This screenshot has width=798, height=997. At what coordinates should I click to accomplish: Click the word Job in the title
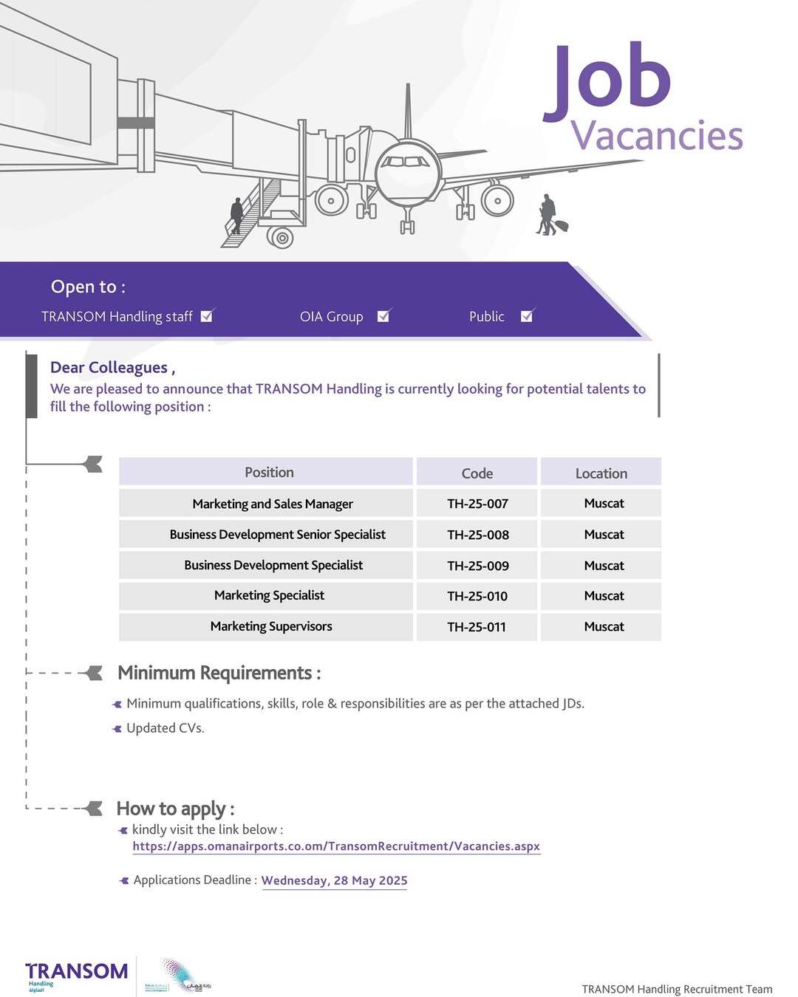608,81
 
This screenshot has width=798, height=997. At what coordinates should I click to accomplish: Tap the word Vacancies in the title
657,136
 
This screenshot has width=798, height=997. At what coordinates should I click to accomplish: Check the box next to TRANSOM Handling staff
207,316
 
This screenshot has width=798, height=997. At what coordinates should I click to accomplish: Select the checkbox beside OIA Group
383,316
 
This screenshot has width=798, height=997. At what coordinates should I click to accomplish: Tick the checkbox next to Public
527,316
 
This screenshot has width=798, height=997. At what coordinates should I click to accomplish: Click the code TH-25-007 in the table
477,504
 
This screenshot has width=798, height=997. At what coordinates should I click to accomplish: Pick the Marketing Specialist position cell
269,595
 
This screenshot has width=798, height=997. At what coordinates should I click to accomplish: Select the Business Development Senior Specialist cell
277,534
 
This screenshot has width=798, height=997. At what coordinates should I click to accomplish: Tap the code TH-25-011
477,627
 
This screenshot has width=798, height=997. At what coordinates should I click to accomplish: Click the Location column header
601,473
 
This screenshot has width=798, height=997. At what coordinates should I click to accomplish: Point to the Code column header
477,473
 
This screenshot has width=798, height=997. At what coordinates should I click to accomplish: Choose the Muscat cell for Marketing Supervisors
604,626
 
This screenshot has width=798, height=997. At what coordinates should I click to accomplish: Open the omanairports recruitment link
336,846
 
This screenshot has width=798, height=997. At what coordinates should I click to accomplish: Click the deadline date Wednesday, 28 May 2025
334,880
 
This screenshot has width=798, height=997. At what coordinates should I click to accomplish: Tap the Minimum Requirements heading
219,673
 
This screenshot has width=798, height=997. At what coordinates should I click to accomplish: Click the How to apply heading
175,809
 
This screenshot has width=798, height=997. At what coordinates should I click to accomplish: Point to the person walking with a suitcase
548,216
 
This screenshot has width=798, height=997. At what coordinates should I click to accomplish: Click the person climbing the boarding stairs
236,216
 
